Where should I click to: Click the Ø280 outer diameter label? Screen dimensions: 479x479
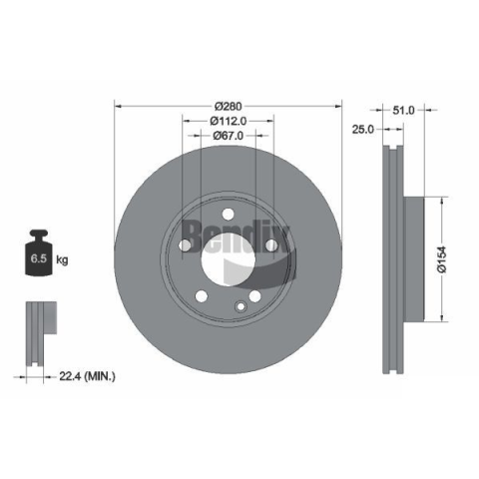[229, 107]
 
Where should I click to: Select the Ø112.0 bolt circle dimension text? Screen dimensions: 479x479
[229, 121]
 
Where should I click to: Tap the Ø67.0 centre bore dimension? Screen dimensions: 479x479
[229, 136]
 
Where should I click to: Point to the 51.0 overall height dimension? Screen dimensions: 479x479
[403, 110]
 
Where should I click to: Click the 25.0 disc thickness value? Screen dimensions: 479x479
[363, 129]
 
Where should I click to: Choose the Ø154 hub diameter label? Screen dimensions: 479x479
[442, 259]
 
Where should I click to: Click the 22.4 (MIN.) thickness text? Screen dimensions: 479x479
[87, 376]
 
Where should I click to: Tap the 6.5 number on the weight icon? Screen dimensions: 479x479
[39, 258]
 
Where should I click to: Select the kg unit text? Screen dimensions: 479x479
[62, 259]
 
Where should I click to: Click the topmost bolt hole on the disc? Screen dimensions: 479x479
[228, 215]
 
